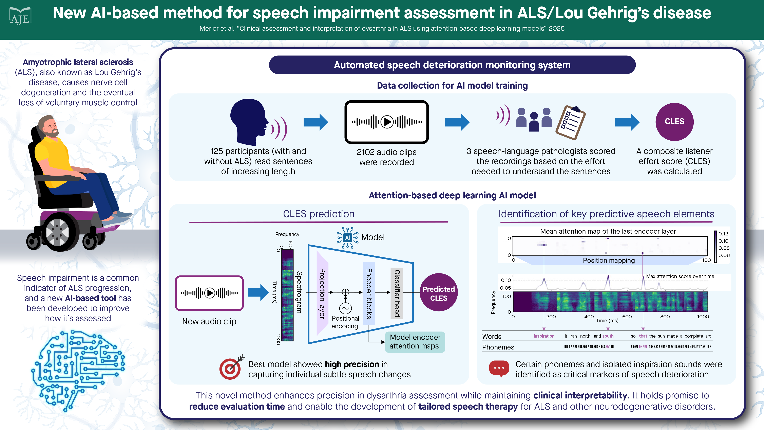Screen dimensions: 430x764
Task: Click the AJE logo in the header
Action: [20, 17]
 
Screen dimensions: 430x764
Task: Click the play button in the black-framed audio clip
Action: [387, 122]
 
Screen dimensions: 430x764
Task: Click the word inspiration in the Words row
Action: [544, 336]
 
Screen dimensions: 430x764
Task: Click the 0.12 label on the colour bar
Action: [723, 234]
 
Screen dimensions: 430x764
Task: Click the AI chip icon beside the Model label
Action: [347, 238]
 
